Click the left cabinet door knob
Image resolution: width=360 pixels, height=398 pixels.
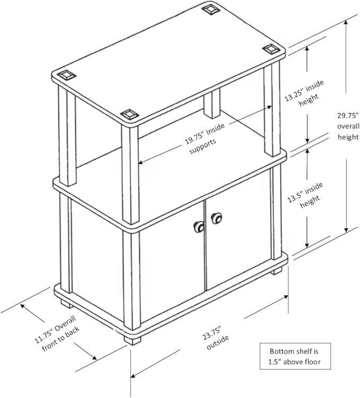[x=199, y=226]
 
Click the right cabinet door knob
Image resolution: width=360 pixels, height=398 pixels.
[x=216, y=218]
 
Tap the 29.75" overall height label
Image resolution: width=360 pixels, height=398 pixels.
[x=348, y=126]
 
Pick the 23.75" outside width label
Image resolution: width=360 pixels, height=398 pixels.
[x=215, y=338]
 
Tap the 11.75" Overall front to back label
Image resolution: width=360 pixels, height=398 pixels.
[x=57, y=333]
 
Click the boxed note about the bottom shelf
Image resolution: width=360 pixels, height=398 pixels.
[x=295, y=356]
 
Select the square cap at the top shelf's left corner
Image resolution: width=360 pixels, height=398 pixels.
[x=66, y=75]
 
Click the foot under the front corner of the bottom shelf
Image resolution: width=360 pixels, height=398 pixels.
[x=133, y=340]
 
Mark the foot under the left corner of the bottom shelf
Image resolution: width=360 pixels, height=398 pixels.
[x=66, y=304]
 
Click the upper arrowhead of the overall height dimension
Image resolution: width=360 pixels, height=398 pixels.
[x=346, y=23]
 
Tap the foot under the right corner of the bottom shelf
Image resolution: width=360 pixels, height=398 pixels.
[x=276, y=270]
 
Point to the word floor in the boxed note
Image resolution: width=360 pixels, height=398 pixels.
[x=313, y=361]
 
